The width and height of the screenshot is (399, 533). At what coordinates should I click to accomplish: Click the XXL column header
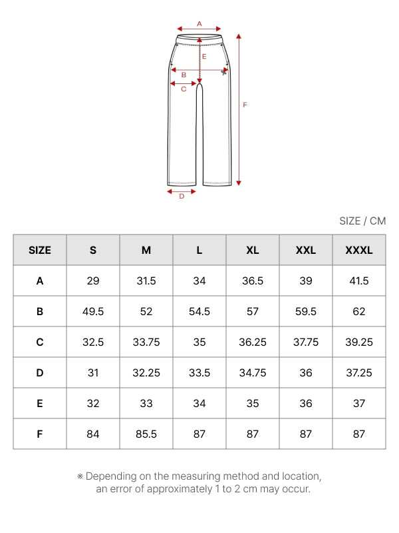[x=306, y=251]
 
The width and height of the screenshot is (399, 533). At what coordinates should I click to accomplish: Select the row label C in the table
[x=40, y=342]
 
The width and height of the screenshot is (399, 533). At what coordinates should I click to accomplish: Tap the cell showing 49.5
[x=93, y=311]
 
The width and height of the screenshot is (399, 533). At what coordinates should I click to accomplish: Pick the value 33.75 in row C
[x=146, y=342]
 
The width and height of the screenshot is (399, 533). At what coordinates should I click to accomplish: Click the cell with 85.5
[x=146, y=434]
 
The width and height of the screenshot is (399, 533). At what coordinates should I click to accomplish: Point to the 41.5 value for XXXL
[x=359, y=280]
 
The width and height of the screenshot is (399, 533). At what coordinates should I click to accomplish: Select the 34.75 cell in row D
[x=253, y=373]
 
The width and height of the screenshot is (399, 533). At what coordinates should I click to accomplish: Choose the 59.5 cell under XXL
[x=306, y=311]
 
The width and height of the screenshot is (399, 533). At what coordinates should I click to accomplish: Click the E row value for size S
[x=93, y=404]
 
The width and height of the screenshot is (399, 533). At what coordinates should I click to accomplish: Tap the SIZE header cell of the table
[x=40, y=251]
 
